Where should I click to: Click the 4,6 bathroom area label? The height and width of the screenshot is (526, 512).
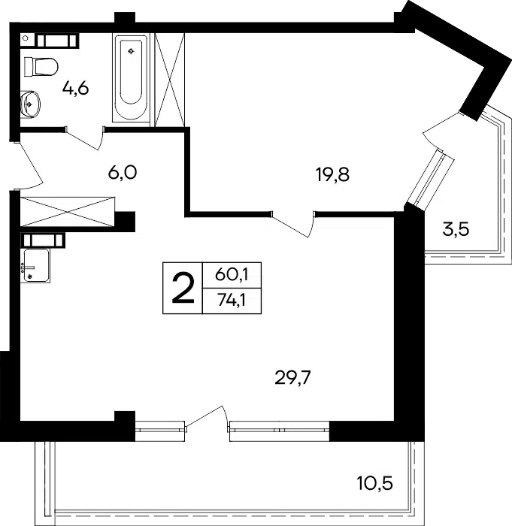coord(75,89)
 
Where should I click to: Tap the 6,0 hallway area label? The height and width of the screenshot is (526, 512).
coord(123,173)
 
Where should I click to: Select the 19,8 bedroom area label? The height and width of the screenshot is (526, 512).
coord(333,175)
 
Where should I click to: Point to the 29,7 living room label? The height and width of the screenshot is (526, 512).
coord(292,378)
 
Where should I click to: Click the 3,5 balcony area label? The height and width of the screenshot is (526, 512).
coord(456,230)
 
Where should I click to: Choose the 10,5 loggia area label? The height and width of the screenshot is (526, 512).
coord(374,484)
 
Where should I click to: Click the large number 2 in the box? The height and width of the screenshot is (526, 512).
coord(183,288)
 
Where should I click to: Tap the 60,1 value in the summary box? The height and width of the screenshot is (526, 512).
coord(232,275)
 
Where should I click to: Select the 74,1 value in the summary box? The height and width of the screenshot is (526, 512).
coord(232,301)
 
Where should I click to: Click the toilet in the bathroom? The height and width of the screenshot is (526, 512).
coord(41,67)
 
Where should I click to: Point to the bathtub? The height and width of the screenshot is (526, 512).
coord(131,77)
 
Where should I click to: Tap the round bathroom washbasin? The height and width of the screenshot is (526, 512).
coord(30,104)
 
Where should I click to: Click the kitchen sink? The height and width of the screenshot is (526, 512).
coord(35,265)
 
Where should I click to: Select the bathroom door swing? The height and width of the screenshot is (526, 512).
coord(84,138)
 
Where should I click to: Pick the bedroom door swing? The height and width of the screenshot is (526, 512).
coord(292,224)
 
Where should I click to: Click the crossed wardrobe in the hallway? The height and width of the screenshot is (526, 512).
coord(68,212)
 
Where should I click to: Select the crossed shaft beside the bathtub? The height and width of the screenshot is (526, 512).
coord(170,80)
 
